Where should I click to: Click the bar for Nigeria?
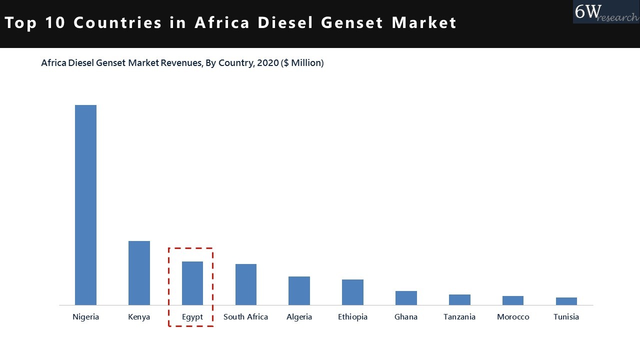[x=85, y=205]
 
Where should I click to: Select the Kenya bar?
[x=139, y=273]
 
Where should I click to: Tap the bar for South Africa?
[x=246, y=284]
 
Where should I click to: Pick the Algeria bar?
[x=299, y=290]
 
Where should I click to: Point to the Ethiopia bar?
[x=352, y=292]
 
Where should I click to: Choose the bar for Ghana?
[x=406, y=298]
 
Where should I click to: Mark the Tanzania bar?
[x=459, y=299]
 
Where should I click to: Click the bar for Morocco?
[x=513, y=300]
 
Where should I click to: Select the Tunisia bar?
[x=566, y=301]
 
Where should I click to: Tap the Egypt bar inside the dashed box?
[x=192, y=283]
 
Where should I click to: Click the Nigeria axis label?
[x=86, y=317]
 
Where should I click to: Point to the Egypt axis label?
[x=192, y=317]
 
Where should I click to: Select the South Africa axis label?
[x=245, y=317]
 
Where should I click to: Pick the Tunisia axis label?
[x=566, y=317]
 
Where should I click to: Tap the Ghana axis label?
[x=406, y=317]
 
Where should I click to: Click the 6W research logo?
[x=606, y=12]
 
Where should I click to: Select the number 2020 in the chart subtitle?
[x=268, y=63]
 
